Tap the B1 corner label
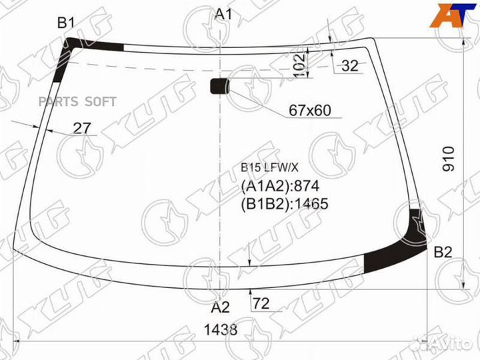[x=65, y=23]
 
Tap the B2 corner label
[x=443, y=252]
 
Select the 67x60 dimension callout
[x=310, y=111]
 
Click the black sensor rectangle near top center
[x=219, y=85]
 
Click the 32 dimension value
[x=349, y=65]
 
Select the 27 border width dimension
[x=81, y=129]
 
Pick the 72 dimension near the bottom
[x=261, y=304]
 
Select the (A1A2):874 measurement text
[x=280, y=186]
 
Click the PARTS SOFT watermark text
[x=77, y=101]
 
